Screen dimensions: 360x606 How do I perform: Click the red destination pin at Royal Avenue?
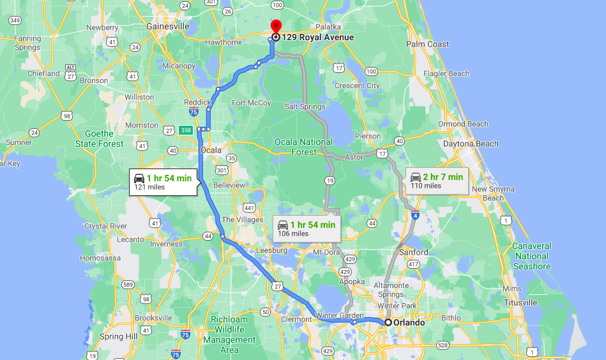click(x=276, y=27)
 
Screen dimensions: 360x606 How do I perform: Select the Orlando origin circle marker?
click(x=388, y=322)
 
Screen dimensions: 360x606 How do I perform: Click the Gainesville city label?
click(x=168, y=27)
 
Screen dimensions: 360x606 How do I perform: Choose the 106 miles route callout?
click(x=307, y=229)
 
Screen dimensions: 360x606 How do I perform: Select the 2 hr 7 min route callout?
click(x=437, y=181)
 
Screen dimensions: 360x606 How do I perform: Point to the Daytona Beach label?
click(x=471, y=144)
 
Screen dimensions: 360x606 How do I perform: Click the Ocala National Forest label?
click(x=303, y=147)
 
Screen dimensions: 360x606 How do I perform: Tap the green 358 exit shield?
click(x=186, y=130)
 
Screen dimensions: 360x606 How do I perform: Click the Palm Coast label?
click(x=428, y=45)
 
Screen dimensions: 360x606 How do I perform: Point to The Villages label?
click(x=242, y=220)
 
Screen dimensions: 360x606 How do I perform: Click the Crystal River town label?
click(x=105, y=226)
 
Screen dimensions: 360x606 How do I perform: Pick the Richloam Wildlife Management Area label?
click(x=229, y=334)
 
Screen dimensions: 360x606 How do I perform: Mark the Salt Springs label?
click(x=305, y=107)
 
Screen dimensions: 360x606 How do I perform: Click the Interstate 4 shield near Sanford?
click(x=415, y=216)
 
